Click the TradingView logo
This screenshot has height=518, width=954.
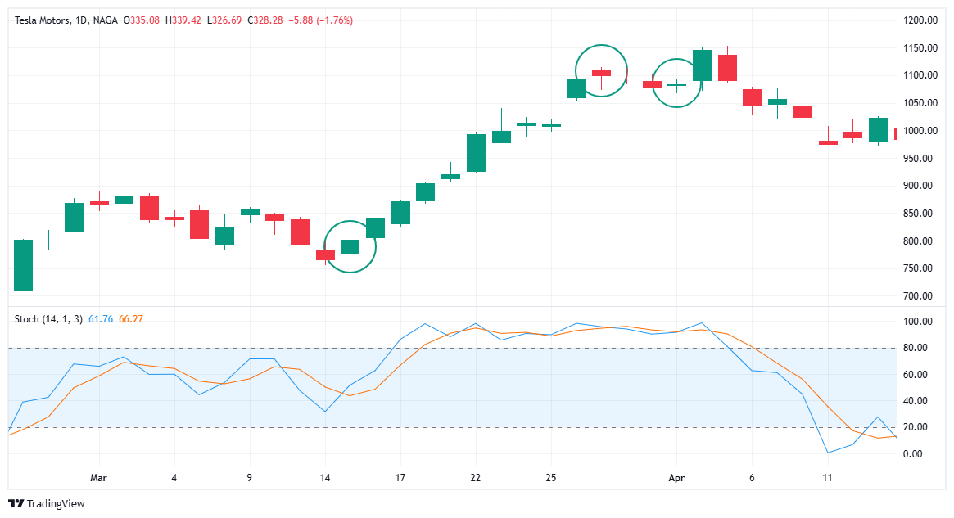[47, 503]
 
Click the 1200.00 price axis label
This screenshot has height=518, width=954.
[919, 20]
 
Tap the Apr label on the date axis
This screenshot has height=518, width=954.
[676, 477]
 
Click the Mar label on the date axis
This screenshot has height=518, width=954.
[98, 477]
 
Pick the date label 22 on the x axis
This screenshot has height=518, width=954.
[475, 477]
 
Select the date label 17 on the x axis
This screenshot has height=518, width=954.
[400, 477]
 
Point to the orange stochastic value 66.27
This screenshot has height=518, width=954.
[131, 318]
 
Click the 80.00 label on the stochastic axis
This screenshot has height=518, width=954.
[919, 348]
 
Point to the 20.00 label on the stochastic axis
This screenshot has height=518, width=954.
[919, 427]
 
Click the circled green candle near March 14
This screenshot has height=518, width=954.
[350, 246]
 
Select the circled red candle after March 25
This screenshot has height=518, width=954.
[602, 73]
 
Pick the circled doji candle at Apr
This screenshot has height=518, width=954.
[676, 84]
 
